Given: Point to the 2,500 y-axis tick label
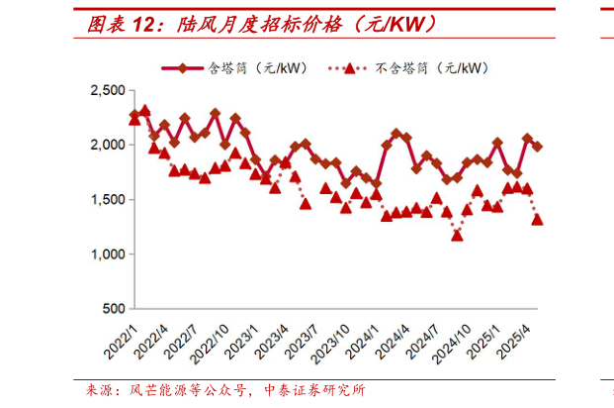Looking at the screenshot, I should [x=106, y=91].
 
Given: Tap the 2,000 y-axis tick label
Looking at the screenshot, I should [x=106, y=146].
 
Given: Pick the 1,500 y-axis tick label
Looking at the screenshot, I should [x=106, y=200].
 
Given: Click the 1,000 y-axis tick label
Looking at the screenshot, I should [x=106, y=255].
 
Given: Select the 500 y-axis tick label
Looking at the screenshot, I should [x=113, y=309].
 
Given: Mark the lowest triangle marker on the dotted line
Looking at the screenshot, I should [x=457, y=235].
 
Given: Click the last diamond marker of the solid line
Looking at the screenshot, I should [x=538, y=147].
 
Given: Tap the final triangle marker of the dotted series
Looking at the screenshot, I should [x=538, y=220].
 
